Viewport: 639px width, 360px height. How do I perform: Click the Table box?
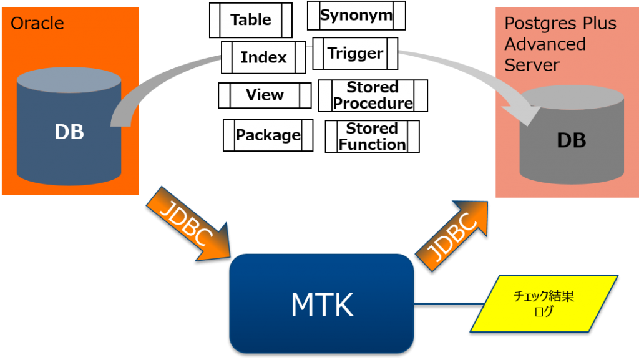251,20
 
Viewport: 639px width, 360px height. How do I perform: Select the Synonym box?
356,16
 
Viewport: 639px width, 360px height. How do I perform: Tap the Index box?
263,57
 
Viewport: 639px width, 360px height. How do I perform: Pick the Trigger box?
356,54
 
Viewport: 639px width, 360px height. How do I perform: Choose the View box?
265,95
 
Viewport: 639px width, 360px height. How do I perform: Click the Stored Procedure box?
373,95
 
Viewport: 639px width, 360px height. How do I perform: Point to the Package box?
268,135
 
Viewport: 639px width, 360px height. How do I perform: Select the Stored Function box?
372,136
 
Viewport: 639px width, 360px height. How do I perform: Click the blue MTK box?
322,304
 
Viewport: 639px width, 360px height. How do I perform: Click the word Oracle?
37,24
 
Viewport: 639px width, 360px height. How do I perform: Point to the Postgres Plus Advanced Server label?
560,44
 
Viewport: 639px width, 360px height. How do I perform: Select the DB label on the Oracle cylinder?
69,132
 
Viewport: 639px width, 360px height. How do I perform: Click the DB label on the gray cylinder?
571,140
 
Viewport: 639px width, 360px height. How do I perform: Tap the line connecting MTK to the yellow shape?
442,304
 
